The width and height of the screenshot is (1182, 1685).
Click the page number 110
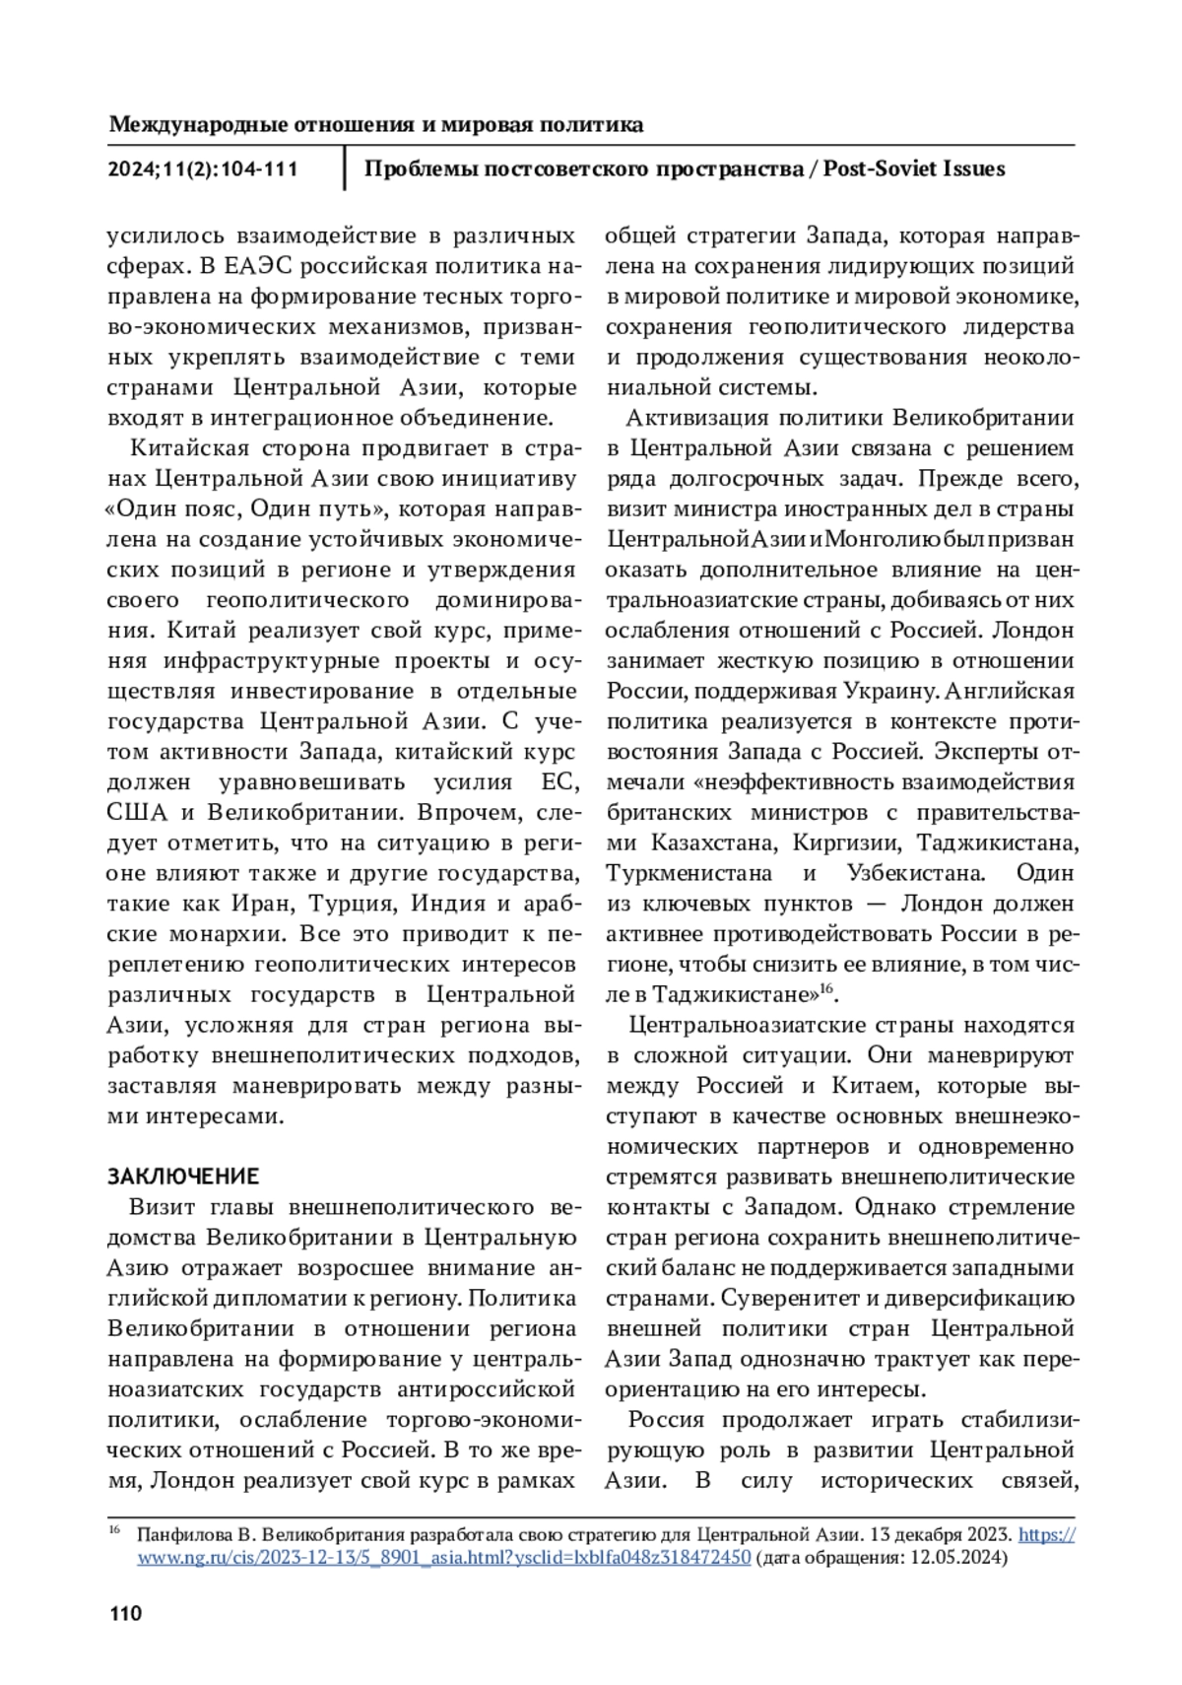125,1614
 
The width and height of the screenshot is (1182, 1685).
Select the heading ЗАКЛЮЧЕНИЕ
183,1177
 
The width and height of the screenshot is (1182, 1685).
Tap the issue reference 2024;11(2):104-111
203,169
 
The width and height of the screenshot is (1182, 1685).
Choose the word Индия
450,904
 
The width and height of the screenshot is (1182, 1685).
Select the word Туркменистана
689,873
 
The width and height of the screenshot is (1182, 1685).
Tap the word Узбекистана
915,873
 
